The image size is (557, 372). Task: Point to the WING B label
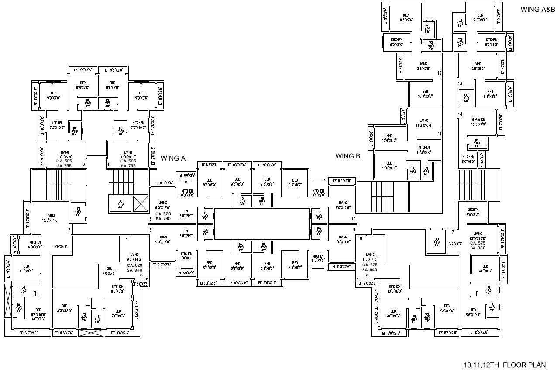(347, 156)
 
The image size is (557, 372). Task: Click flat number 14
(460, 114)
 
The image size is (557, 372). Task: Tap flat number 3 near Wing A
(84, 165)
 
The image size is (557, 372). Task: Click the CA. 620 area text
(134, 265)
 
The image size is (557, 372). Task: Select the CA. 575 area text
(478, 243)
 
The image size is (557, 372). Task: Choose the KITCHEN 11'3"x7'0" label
(424, 150)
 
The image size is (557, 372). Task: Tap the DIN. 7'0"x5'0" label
(109, 271)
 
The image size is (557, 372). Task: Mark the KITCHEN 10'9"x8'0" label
(35, 245)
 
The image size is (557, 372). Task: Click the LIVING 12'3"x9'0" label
(422, 66)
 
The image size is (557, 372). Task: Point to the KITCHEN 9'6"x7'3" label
(473, 212)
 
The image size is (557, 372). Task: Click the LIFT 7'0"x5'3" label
(121, 203)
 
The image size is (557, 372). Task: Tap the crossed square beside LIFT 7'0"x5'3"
(140, 204)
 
